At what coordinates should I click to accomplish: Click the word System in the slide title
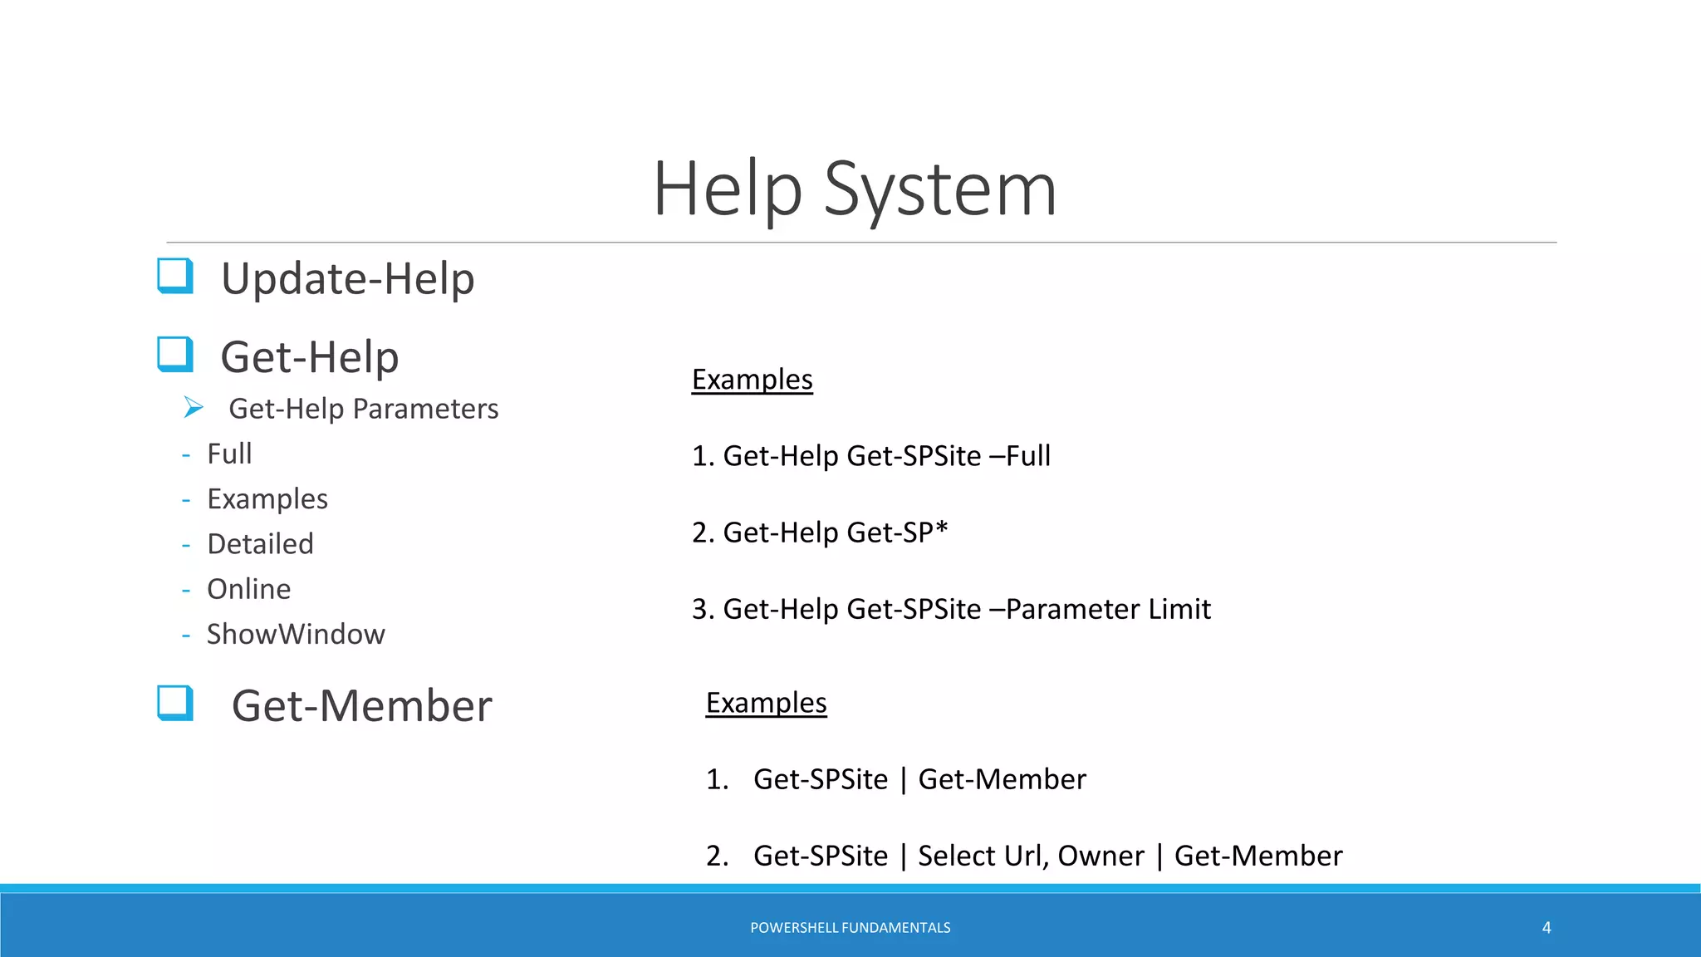coord(939,190)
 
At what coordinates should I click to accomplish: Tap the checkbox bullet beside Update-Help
coord(175,276)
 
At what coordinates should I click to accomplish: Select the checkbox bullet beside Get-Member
coord(175,703)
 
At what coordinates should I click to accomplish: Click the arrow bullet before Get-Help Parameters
coord(194,407)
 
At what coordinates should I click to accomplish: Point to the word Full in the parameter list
coord(229,454)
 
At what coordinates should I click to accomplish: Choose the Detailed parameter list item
coord(260,544)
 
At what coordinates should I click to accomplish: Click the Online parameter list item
coord(248,589)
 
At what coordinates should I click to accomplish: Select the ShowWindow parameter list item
coord(296,635)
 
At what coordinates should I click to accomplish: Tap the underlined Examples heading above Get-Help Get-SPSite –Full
coord(752,380)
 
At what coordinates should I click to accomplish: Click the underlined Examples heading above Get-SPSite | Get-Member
coord(766,703)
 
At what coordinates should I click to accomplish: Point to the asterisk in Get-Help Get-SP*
coord(941,528)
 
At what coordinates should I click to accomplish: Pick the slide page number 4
coord(1547,927)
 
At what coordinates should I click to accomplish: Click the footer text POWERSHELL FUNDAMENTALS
coord(850,927)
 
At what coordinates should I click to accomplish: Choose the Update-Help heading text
coord(347,278)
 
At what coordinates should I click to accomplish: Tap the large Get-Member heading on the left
coord(361,706)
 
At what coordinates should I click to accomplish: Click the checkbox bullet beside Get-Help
coord(175,355)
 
